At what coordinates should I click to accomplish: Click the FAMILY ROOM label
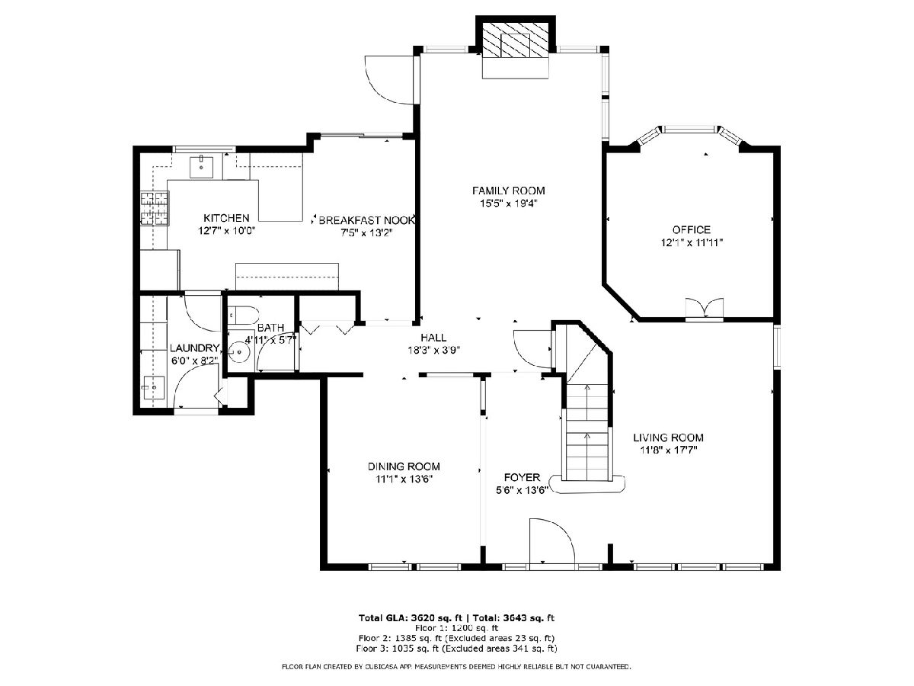click(509, 191)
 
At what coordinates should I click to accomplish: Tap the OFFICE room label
click(692, 229)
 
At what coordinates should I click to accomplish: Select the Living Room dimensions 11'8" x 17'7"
click(668, 450)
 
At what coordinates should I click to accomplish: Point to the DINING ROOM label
click(404, 466)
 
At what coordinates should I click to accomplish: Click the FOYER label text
click(523, 477)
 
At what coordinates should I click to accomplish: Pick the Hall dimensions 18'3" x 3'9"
click(433, 351)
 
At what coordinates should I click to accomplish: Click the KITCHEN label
click(226, 218)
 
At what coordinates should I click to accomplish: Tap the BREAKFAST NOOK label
click(367, 220)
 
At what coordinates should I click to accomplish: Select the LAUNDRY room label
click(194, 348)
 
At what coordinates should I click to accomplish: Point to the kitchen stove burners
click(155, 208)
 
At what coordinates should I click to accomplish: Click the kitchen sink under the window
click(202, 167)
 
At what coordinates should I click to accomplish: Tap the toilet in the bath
click(243, 316)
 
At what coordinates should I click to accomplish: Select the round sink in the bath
click(239, 352)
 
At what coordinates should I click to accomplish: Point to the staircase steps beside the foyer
click(587, 432)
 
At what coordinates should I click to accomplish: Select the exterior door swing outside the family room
click(389, 80)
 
